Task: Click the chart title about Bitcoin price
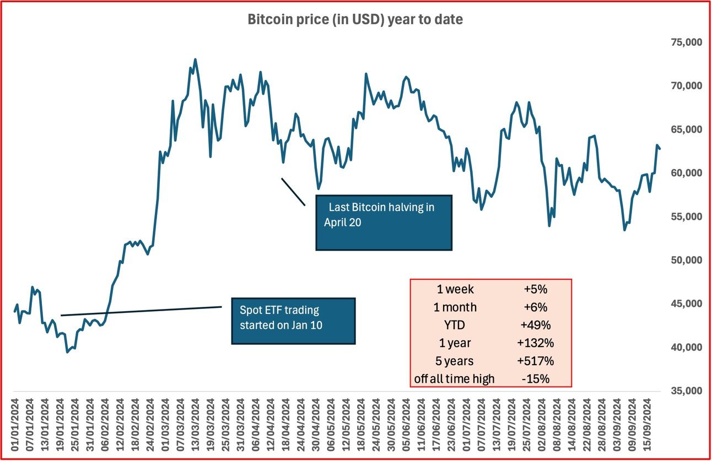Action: [x=355, y=20]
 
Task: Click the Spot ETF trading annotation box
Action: [x=293, y=321]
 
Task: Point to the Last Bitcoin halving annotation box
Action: [x=384, y=223]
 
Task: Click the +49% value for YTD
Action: [x=535, y=325]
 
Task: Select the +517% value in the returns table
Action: [x=535, y=361]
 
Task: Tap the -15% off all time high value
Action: [x=535, y=379]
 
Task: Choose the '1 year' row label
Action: [x=455, y=343]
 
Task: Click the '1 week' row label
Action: [x=455, y=289]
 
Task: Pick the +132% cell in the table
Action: [x=535, y=343]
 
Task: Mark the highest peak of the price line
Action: [x=195, y=59]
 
